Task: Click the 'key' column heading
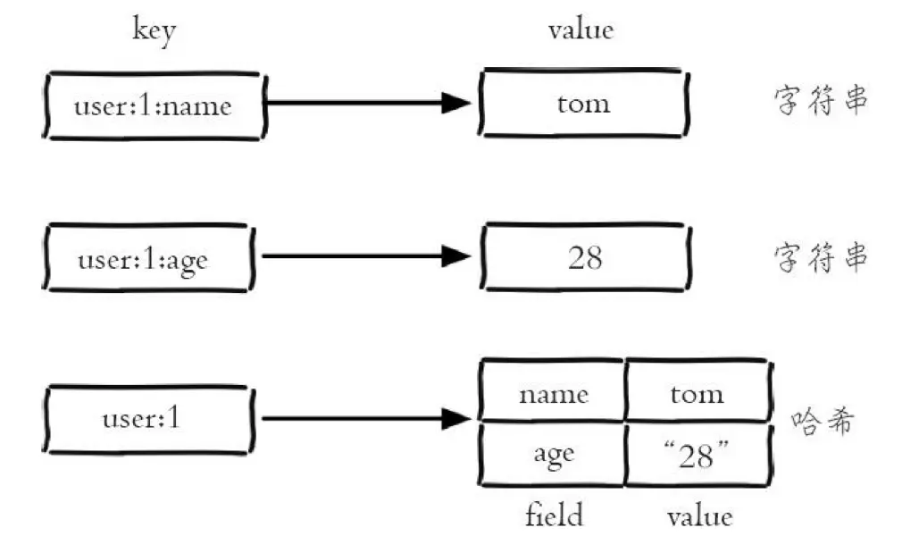154,30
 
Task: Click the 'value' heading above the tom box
581,29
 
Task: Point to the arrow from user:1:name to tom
369,104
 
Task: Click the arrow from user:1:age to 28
367,256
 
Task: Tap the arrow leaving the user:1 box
367,419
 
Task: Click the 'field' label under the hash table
554,515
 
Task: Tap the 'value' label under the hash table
700,516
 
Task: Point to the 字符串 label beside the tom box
821,100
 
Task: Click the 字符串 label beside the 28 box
821,257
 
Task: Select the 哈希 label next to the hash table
823,421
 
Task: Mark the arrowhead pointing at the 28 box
456,256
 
